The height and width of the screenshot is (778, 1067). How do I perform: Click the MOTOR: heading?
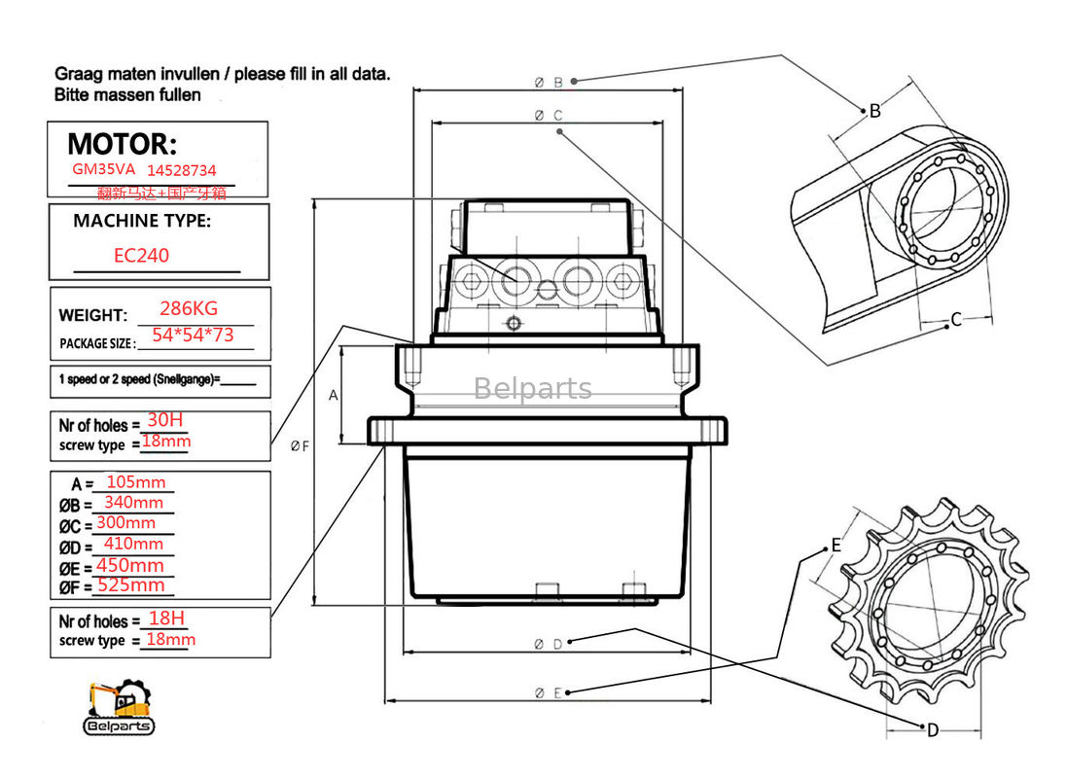pyautogui.click(x=123, y=145)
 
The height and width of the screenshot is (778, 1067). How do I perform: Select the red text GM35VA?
pyautogui.click(x=103, y=168)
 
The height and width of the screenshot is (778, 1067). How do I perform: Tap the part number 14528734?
pyautogui.click(x=181, y=169)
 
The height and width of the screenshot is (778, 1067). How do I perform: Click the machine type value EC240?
pyautogui.click(x=141, y=256)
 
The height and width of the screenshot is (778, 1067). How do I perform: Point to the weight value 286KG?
pyautogui.click(x=189, y=308)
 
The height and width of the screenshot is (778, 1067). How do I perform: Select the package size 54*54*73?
pyautogui.click(x=193, y=336)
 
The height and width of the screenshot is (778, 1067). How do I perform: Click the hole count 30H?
pyautogui.click(x=164, y=420)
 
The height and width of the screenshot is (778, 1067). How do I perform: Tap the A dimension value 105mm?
pyautogui.click(x=135, y=482)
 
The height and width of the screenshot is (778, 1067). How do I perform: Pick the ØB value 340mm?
pyautogui.click(x=133, y=502)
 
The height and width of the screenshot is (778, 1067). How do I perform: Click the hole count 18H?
pyautogui.click(x=165, y=619)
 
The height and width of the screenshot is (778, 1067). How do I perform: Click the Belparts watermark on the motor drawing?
pyautogui.click(x=532, y=389)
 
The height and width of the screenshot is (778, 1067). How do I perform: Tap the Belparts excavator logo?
pyautogui.click(x=118, y=707)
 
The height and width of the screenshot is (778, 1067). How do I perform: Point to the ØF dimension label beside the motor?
pyautogui.click(x=300, y=446)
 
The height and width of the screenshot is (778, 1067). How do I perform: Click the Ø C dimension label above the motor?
pyautogui.click(x=549, y=115)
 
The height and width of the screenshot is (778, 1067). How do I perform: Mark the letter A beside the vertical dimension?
pyautogui.click(x=333, y=395)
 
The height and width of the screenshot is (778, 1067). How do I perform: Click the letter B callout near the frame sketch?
pyautogui.click(x=874, y=111)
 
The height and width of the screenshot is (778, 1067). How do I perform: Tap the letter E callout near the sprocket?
pyautogui.click(x=836, y=546)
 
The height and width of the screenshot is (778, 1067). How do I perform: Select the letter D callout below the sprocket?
pyautogui.click(x=932, y=730)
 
